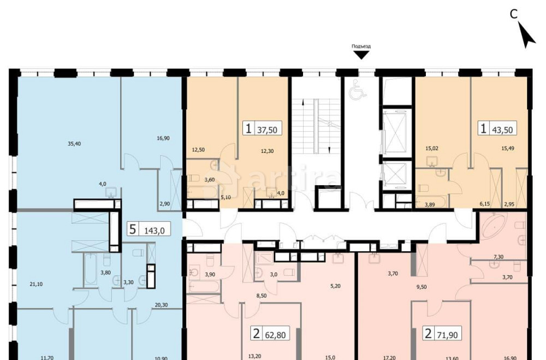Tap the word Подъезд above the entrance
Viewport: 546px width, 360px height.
(x=361, y=46)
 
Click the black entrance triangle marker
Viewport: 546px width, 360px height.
(x=361, y=55)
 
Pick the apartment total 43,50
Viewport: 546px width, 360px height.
(x=503, y=129)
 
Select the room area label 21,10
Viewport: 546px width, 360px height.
(x=35, y=284)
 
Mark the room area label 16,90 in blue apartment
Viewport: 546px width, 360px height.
(x=163, y=139)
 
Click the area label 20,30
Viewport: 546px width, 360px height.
(x=161, y=305)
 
